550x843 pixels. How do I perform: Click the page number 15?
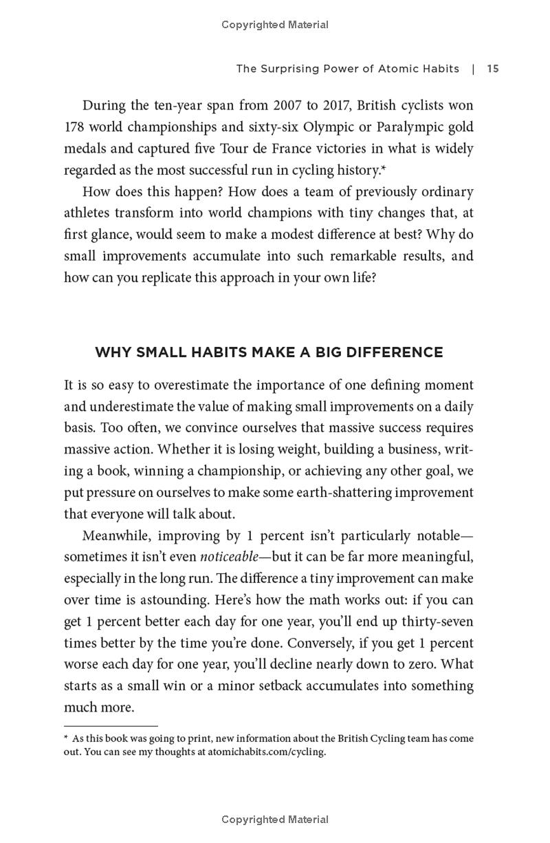[x=492, y=69]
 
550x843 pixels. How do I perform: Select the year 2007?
[x=289, y=106]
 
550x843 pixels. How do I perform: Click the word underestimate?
[x=133, y=407]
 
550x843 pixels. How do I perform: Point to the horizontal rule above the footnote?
[x=111, y=725]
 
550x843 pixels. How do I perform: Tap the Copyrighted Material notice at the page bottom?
[x=275, y=820]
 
